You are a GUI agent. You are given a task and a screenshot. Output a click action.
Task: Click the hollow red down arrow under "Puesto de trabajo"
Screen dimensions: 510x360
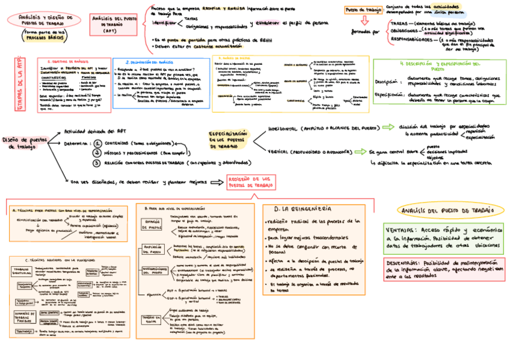click(x=364, y=20)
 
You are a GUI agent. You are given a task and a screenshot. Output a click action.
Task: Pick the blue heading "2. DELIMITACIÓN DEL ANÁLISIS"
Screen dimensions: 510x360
click(x=149, y=62)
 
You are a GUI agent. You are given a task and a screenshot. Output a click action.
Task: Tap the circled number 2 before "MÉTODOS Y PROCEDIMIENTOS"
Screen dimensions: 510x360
click(x=96, y=153)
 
